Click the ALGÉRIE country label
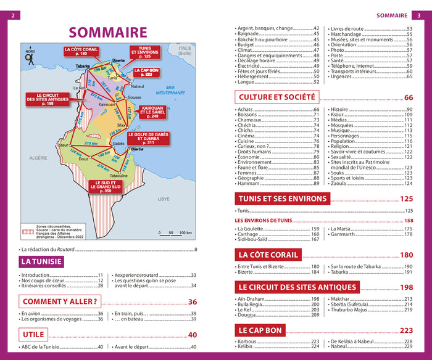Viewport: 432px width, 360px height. (x=38, y=158)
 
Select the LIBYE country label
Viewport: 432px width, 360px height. (x=164, y=199)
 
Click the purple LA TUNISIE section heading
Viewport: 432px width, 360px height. (x=41, y=261)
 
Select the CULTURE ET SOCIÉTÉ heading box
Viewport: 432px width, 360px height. (x=276, y=97)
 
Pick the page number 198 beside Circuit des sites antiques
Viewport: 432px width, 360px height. (x=406, y=287)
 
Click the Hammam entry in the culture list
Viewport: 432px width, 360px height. (x=248, y=183)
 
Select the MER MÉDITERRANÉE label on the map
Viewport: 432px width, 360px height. (x=170, y=89)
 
